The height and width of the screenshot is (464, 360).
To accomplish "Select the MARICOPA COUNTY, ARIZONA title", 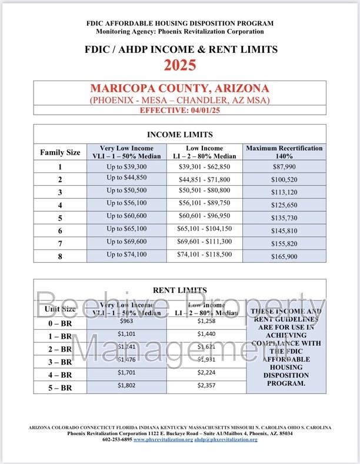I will point(179,89).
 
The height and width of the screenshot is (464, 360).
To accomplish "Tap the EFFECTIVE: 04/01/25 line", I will point(179,110).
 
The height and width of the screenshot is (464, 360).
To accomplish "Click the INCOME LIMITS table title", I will point(179,134).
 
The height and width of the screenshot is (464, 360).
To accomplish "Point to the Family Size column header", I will point(60,152).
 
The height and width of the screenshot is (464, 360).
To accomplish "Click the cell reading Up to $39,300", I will point(126,167).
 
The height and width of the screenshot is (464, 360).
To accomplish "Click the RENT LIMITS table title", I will point(179,289).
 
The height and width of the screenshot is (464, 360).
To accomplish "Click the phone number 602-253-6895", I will point(119,440).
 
